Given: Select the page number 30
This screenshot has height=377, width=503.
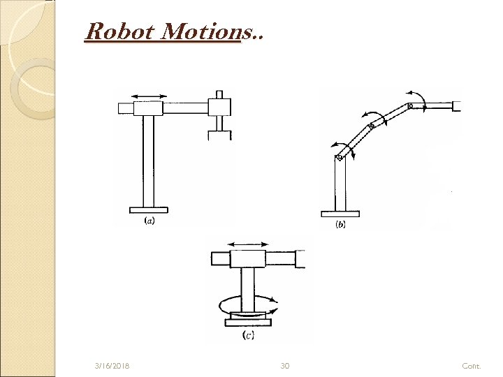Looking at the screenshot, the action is click(284, 365).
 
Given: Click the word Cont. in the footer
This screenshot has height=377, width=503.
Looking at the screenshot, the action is click(472, 365).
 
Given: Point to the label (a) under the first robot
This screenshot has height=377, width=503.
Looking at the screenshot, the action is click(148, 221).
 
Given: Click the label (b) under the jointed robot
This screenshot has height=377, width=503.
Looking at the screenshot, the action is click(340, 224).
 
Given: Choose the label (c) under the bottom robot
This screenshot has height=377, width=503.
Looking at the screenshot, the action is click(247, 335).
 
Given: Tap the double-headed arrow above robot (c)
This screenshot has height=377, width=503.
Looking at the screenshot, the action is click(248, 244).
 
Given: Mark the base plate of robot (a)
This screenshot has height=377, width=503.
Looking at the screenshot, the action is click(148, 208).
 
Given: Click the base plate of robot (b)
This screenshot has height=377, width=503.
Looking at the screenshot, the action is click(340, 214).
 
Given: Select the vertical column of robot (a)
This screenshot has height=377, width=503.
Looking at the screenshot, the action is click(148, 161).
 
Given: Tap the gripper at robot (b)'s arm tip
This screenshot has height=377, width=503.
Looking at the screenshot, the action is click(456, 106).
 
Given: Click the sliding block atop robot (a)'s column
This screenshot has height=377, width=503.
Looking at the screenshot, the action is click(148, 108).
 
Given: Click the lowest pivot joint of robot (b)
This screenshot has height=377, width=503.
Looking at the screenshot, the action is click(340, 158).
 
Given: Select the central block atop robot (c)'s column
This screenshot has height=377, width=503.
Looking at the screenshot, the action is click(248, 258).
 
